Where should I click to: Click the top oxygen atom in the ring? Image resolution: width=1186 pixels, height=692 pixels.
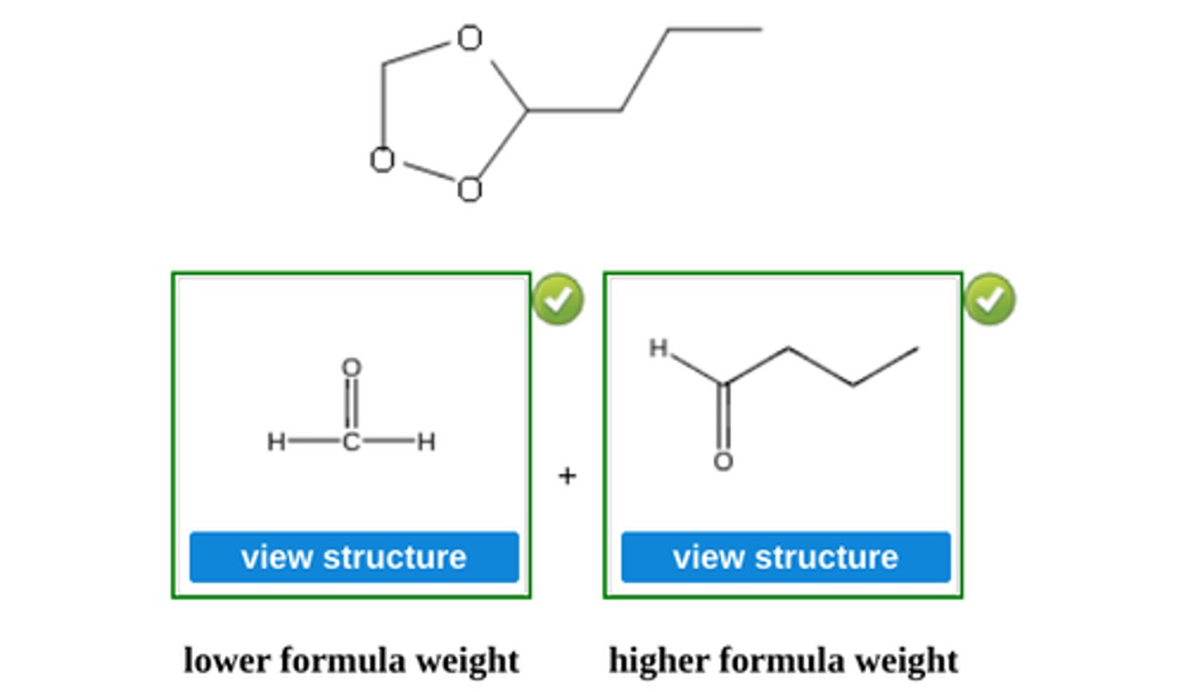pyautogui.click(x=469, y=39)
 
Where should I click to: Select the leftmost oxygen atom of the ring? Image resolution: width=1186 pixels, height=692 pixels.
pyautogui.click(x=381, y=160)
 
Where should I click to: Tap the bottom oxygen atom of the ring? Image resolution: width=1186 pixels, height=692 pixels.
pyautogui.click(x=469, y=190)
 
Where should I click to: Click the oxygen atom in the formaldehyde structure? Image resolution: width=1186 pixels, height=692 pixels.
pyautogui.click(x=352, y=367)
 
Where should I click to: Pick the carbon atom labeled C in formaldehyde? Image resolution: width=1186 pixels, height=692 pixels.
pyautogui.click(x=352, y=442)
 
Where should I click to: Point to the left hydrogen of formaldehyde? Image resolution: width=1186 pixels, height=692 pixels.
pyautogui.click(x=276, y=442)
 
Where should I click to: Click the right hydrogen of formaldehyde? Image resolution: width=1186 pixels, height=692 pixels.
pyautogui.click(x=426, y=442)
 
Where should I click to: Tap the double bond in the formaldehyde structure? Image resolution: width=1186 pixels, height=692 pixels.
pyautogui.click(x=352, y=404)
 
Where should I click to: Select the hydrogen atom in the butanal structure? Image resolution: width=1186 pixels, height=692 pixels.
pyautogui.click(x=657, y=348)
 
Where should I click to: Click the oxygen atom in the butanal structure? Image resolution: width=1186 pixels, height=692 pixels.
pyautogui.click(x=723, y=461)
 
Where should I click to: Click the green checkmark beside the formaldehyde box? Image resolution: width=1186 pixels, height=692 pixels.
pyautogui.click(x=558, y=299)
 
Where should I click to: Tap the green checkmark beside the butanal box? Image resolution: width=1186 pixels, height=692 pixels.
pyautogui.click(x=990, y=299)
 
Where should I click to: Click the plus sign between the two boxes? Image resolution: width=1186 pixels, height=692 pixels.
pyautogui.click(x=567, y=475)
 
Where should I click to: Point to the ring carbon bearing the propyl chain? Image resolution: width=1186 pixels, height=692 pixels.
pyautogui.click(x=527, y=110)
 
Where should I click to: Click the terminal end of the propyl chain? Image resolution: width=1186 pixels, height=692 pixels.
pyautogui.click(x=760, y=30)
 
